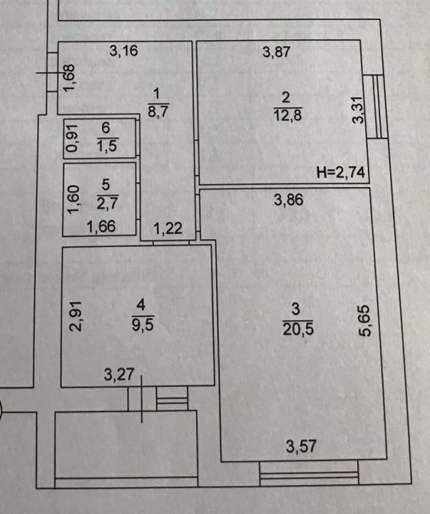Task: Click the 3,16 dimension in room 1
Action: (x=123, y=51)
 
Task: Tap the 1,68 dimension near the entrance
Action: (x=70, y=78)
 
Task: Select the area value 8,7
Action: (x=158, y=111)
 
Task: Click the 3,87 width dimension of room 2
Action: (x=277, y=52)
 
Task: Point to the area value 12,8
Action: (x=287, y=115)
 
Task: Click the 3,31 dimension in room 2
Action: (x=358, y=110)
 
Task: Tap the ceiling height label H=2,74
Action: (x=340, y=172)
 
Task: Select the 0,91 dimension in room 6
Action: (x=72, y=138)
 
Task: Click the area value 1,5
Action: (x=107, y=145)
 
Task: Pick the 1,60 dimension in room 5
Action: (x=74, y=199)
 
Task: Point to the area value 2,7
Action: (x=107, y=203)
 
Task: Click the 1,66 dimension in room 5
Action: (x=101, y=226)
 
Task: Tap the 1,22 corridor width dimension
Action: (x=168, y=228)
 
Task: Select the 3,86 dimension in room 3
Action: (x=288, y=199)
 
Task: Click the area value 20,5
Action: (x=298, y=329)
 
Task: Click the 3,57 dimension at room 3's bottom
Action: (x=301, y=446)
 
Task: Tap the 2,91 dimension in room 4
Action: (x=76, y=316)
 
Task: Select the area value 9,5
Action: (x=143, y=325)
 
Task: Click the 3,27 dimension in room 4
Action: (x=119, y=374)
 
